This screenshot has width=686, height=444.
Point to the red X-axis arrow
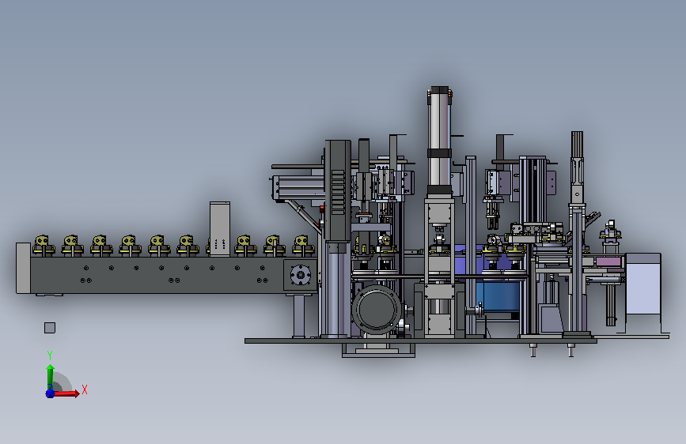[x=66, y=393]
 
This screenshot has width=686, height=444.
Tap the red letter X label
[x=85, y=389]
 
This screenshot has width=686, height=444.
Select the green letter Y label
[x=50, y=355]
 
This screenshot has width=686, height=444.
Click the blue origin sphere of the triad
[x=50, y=393]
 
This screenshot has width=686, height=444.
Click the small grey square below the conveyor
[x=50, y=328]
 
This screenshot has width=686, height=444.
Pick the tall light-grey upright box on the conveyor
[x=220, y=228]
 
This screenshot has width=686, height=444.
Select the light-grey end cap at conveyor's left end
[x=23, y=268]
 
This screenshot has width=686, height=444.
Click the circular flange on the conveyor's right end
[x=300, y=275]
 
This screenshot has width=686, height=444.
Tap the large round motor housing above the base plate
[x=377, y=310]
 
